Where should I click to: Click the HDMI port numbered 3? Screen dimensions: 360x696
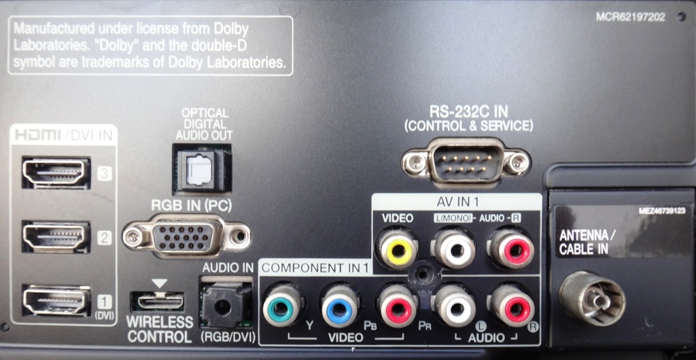coord(56,173)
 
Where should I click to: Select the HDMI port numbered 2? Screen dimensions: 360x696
coord(56,236)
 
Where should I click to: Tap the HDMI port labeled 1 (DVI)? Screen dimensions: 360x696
coord(56,300)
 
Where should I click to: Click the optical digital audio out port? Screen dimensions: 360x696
coord(201,168)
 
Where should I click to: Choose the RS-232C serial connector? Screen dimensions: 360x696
coord(466,161)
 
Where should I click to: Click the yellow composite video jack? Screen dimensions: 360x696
coord(398,249)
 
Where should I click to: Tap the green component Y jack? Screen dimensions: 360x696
coord(283,306)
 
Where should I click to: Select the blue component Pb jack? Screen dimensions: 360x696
coord(340,306)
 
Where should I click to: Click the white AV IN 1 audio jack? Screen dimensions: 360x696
coord(453,249)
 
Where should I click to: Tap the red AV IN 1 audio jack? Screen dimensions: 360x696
coord(512,249)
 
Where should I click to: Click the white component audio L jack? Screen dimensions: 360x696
coord(454,306)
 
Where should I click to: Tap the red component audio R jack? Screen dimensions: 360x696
coord(512,306)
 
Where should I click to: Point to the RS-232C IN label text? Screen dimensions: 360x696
coord(468,112)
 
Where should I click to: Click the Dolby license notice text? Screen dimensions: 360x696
coord(150,46)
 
